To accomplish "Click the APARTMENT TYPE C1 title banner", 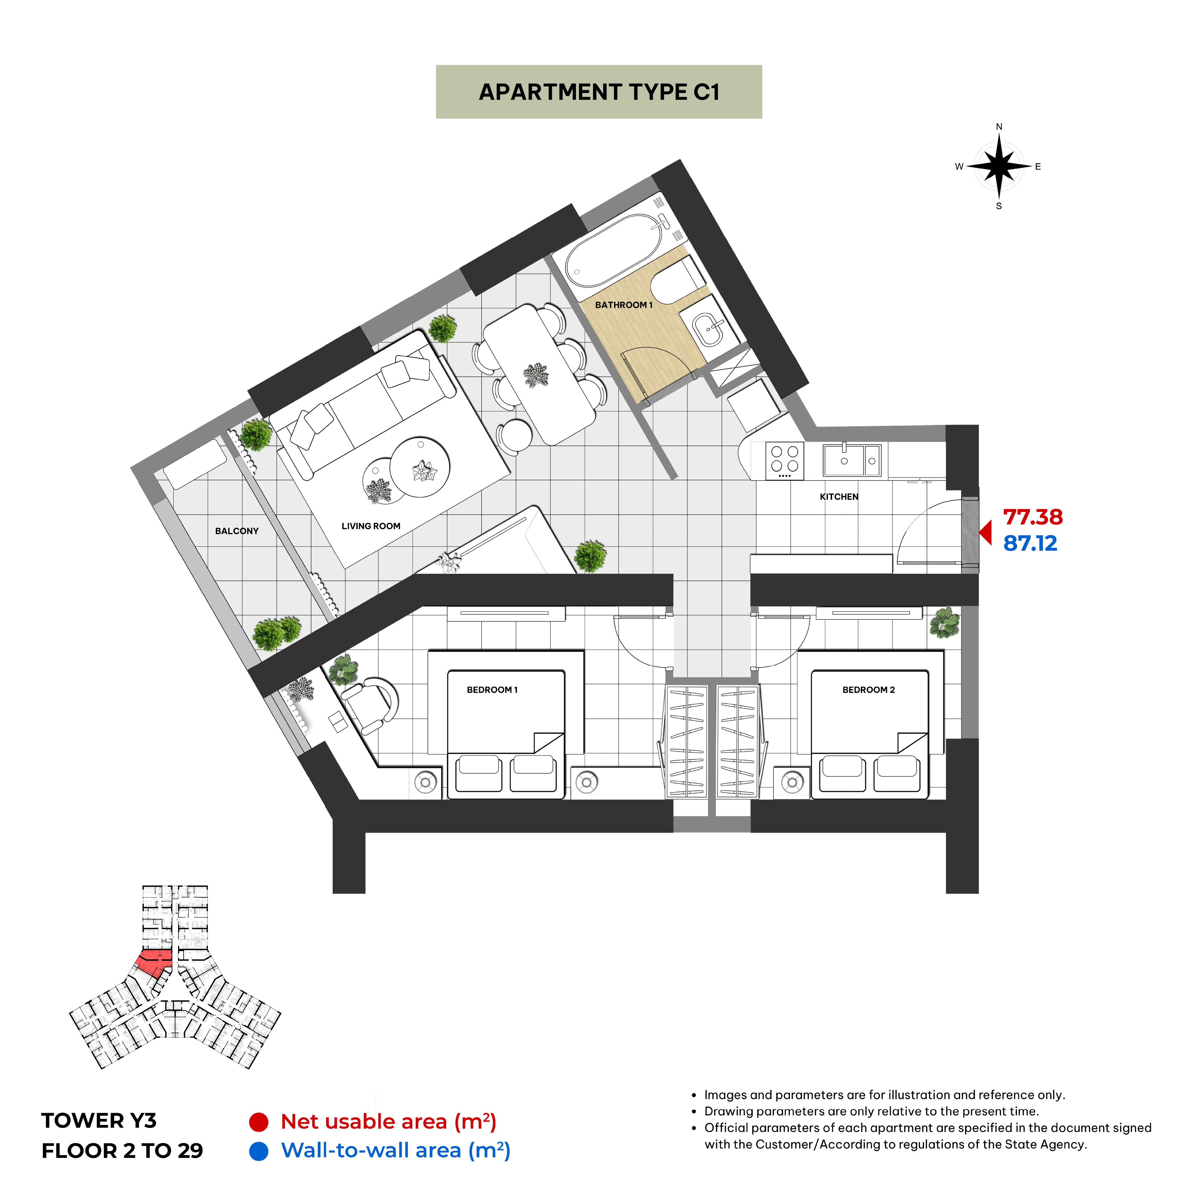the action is click(x=599, y=92).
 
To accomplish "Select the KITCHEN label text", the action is click(x=839, y=497).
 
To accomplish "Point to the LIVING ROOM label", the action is click(x=371, y=526).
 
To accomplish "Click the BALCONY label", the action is click(x=237, y=531).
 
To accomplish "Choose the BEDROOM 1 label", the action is click(x=492, y=690).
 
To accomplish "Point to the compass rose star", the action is click(x=999, y=166).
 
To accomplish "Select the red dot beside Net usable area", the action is click(x=259, y=1122).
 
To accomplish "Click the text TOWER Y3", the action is click(x=99, y=1121).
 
